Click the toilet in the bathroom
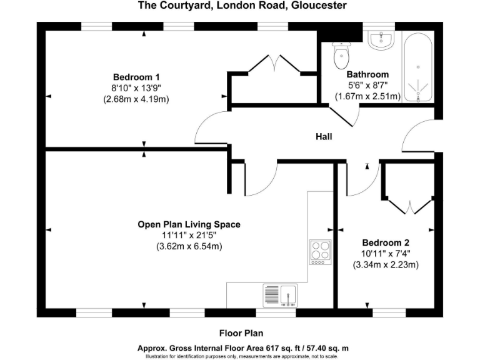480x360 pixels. (341, 56)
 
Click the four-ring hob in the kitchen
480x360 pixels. (319, 251)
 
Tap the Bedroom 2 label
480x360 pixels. (386, 242)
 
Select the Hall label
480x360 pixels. (324, 137)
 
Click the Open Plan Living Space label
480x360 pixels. (189, 224)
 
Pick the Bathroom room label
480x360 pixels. (367, 74)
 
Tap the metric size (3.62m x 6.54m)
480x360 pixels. (189, 247)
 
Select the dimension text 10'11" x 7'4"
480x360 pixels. (386, 254)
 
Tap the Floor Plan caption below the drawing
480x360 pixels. (245, 333)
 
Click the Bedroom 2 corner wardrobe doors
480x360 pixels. (410, 206)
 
